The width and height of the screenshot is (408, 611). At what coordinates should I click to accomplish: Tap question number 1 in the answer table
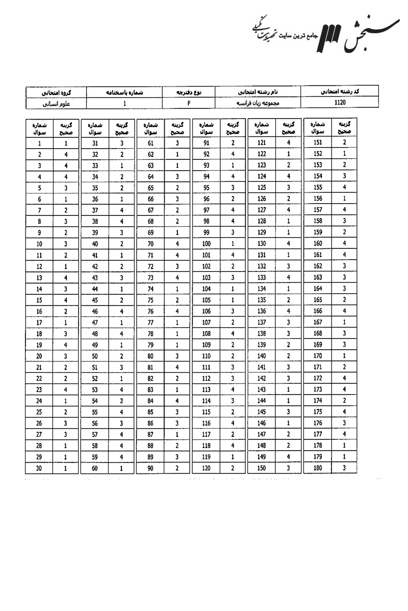(39, 144)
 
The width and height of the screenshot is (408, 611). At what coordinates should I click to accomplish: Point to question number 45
(95, 300)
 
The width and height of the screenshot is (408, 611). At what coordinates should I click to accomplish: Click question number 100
(206, 244)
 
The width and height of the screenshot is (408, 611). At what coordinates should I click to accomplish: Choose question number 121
(262, 144)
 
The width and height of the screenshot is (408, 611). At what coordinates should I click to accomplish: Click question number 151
(318, 144)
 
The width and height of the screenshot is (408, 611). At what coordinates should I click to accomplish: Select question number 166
(318, 311)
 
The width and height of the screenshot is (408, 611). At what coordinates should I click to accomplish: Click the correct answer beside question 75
(176, 300)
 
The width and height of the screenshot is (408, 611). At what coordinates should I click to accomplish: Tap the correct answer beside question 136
(289, 311)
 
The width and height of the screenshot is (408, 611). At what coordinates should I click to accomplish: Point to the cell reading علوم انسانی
(56, 103)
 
